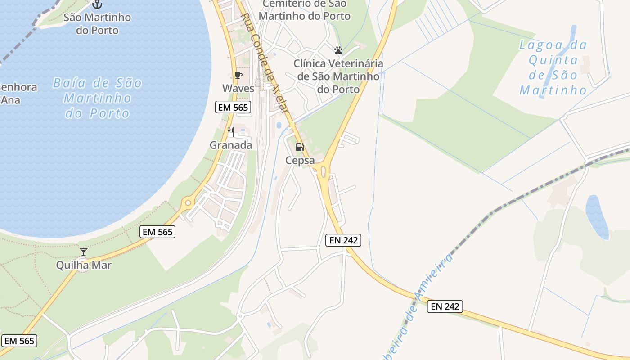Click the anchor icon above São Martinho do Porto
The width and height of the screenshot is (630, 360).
[97, 4]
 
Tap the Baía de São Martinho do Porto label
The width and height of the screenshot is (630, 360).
[98, 98]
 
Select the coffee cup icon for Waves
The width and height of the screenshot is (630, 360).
[238, 75]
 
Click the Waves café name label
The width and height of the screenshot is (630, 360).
[238, 89]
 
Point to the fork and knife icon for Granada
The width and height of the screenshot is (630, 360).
[231, 132]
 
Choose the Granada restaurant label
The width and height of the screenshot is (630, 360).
[231, 145]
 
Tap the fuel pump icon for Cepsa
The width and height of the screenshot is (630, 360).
[300, 147]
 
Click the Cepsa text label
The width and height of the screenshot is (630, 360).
[300, 160]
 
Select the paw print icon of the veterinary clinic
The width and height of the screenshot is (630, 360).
[338, 50]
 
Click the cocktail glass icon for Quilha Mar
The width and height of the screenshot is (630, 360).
[84, 252]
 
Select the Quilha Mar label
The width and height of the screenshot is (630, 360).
[84, 265]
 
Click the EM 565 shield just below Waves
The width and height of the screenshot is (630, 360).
[233, 108]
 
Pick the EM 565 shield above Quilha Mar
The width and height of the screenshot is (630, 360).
[157, 232]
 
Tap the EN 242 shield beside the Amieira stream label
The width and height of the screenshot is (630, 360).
[445, 306]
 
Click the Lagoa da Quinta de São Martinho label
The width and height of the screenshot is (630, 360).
[553, 67]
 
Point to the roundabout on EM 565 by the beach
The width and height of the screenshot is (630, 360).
[188, 203]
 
